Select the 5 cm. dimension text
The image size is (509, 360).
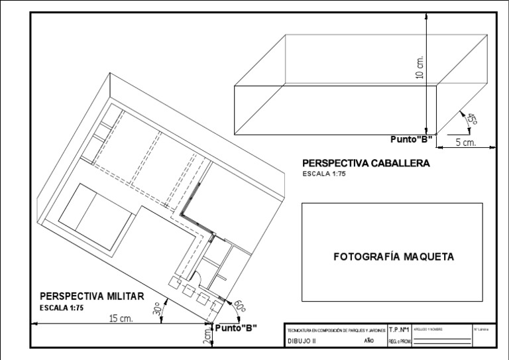click(466, 143)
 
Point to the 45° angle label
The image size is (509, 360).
click(472, 119)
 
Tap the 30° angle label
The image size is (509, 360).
click(158, 310)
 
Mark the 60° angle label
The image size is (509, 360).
click(239, 306)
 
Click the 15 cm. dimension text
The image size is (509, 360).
click(121, 318)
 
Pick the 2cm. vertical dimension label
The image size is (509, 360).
click(207, 337)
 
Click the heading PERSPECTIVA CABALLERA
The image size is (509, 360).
click(366, 163)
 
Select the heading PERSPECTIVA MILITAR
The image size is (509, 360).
click(91, 296)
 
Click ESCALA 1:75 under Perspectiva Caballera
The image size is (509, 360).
click(324, 174)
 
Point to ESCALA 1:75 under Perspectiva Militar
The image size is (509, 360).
click(62, 308)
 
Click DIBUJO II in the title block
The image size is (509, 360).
click(302, 341)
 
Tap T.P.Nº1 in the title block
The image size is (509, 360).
click(398, 329)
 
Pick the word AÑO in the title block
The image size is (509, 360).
click(370, 341)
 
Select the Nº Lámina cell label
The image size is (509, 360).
click(481, 329)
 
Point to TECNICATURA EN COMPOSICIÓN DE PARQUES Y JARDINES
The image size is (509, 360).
click(335, 330)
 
